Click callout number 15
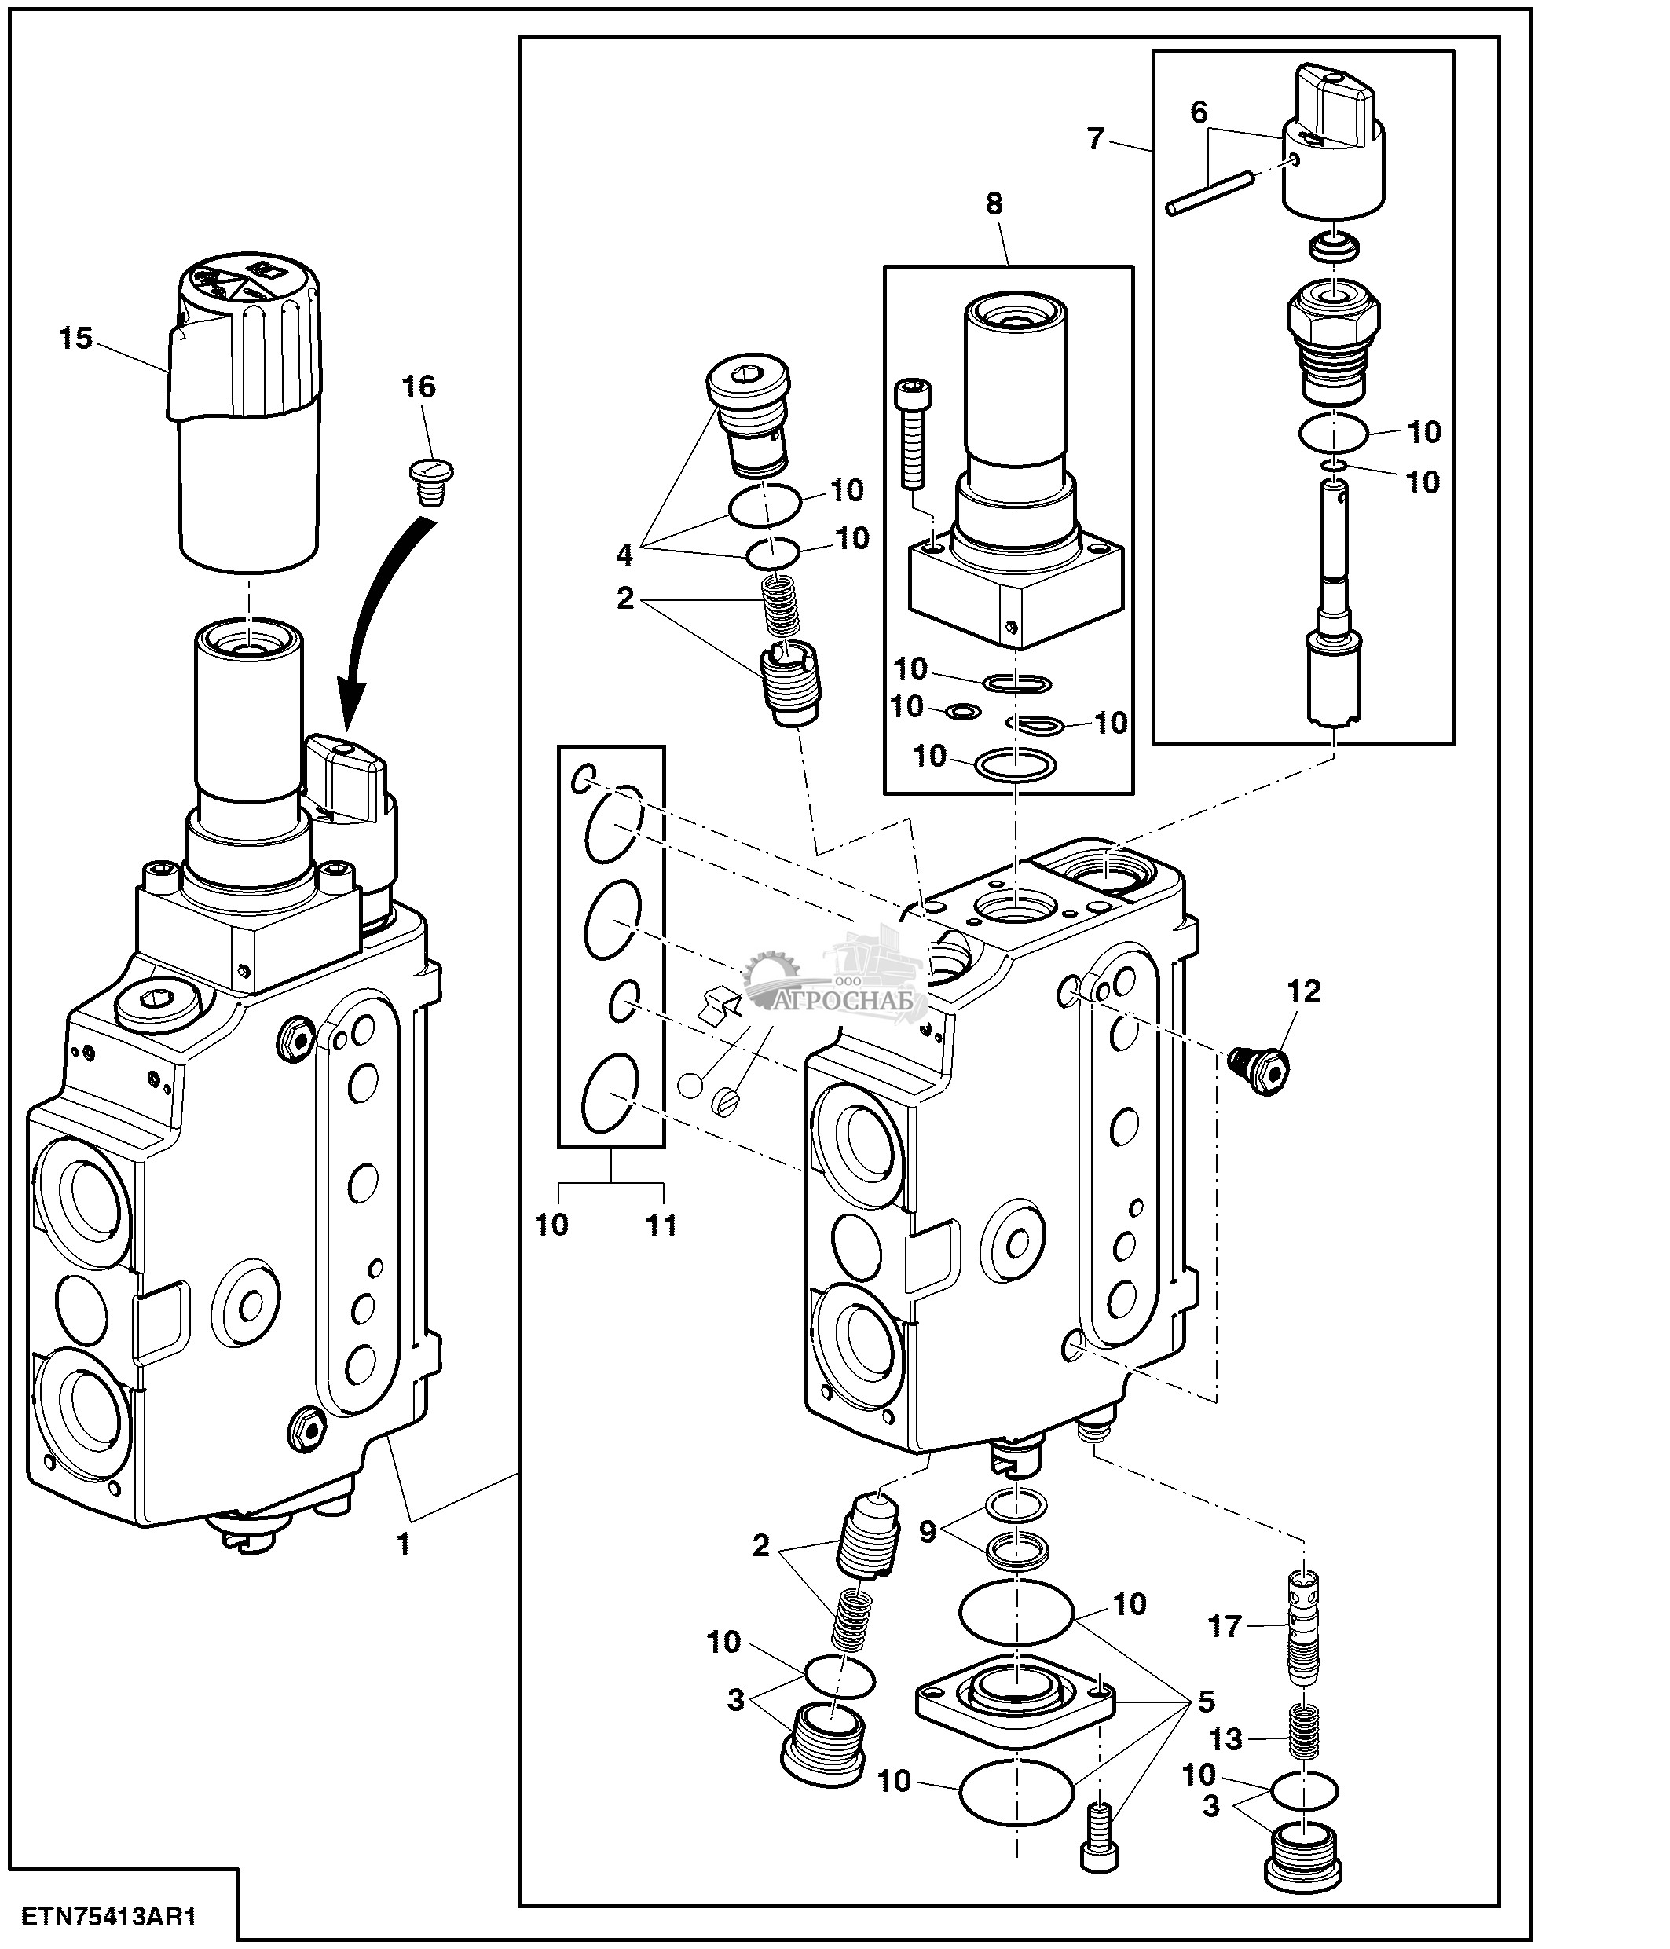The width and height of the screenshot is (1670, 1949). (76, 338)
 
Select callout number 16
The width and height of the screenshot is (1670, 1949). (419, 387)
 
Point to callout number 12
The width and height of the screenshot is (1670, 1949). (1304, 991)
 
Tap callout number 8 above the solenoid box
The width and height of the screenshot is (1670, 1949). (994, 203)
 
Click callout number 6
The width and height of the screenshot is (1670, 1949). (1199, 113)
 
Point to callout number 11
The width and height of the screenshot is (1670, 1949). (661, 1225)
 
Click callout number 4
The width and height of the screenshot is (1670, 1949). (624, 556)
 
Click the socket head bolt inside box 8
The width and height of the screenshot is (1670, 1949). (912, 432)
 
